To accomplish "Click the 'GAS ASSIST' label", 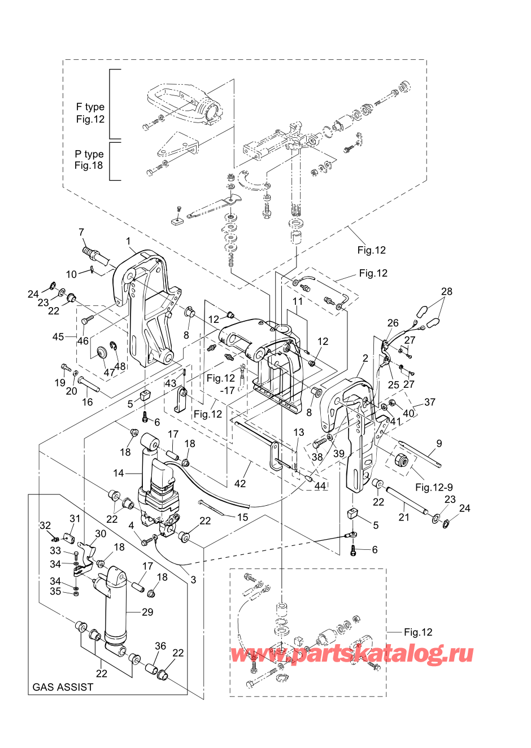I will pos(63,687).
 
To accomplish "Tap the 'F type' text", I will pos(90,107).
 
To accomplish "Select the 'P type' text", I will pos(89,154).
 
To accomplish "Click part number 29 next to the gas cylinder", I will pos(147,612).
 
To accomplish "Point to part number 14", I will pos(119,473).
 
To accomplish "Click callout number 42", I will pos(240,483).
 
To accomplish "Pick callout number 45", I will pos(58,336).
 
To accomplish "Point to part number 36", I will pos(160,646).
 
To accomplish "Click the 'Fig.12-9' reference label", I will pos(434,487).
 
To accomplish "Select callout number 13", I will pos(299,432).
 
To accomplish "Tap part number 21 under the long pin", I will pos(404,517).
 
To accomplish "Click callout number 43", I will pos(171,384).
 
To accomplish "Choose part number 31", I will pos(75,518).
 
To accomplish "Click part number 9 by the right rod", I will pos(439,444).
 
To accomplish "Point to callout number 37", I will pos(430,402).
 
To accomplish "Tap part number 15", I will pos(242,517).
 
